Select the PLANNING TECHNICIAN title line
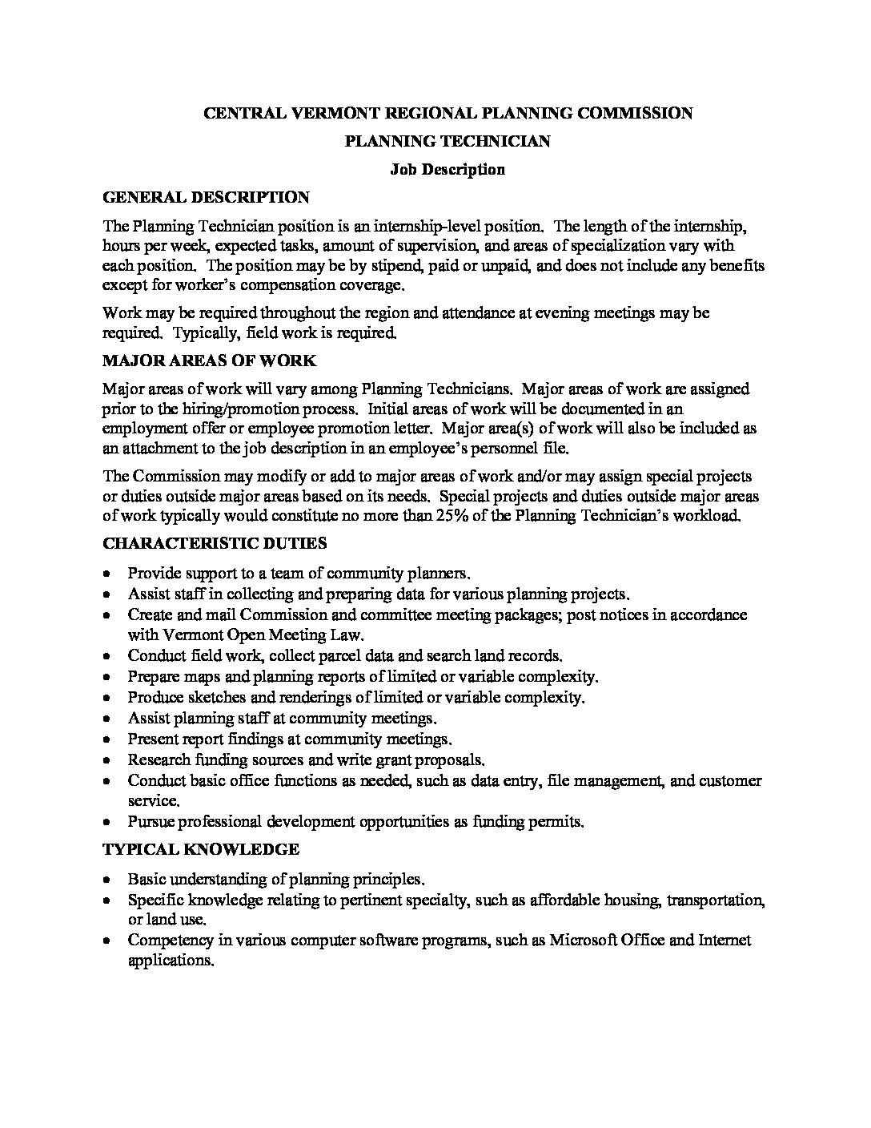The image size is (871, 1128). pyautogui.click(x=448, y=141)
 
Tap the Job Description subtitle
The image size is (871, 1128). pyautogui.click(x=448, y=169)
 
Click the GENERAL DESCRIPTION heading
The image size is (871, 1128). pyautogui.click(x=206, y=197)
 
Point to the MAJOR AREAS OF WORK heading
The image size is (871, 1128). pyautogui.click(x=210, y=361)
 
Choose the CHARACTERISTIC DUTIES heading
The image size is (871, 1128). pyautogui.click(x=215, y=543)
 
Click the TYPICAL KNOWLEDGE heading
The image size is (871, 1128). pyautogui.click(x=201, y=849)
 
